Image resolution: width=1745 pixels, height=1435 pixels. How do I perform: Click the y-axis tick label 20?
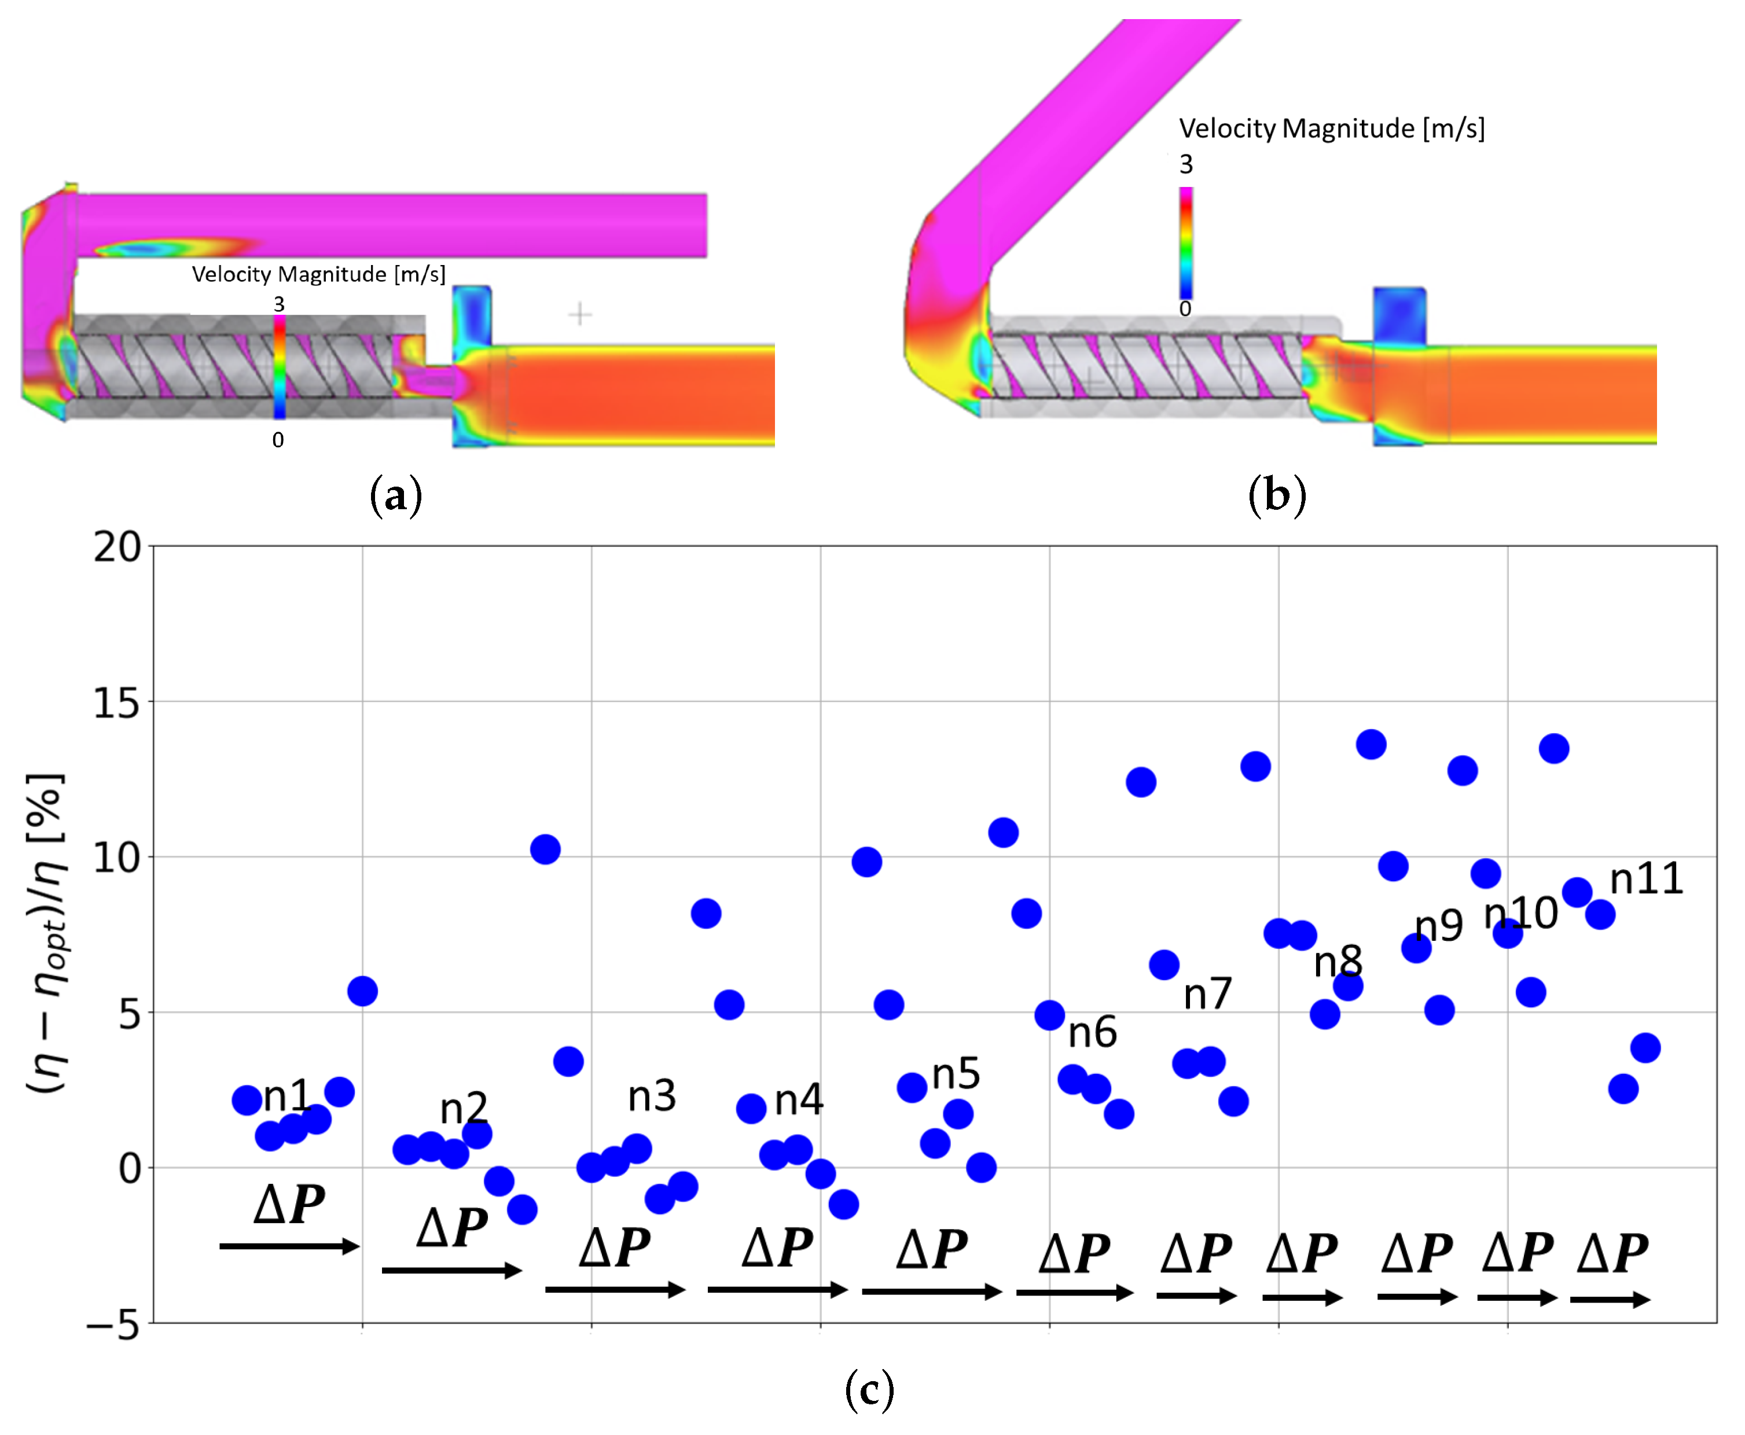coord(117,547)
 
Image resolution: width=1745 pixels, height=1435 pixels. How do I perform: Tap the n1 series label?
coord(286,1096)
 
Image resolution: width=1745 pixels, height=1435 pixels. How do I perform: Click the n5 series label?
coord(956,1074)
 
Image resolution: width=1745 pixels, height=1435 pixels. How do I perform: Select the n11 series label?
coord(1646,879)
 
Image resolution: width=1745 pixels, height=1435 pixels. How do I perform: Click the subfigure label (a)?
coord(396,496)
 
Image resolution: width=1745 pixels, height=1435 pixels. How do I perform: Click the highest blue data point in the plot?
coord(1371,745)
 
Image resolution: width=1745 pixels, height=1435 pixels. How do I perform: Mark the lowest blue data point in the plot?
coord(521,1210)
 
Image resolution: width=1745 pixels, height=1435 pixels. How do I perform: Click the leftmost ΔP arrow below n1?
coord(289,1246)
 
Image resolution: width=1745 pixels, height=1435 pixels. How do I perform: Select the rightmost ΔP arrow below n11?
coord(1610,1300)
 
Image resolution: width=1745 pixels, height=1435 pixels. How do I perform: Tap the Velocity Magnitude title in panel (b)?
coord(1331,129)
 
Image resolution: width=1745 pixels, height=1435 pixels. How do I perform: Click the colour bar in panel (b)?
coord(1185,243)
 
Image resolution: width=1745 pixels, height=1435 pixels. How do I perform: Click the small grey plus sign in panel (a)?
coord(581,314)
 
